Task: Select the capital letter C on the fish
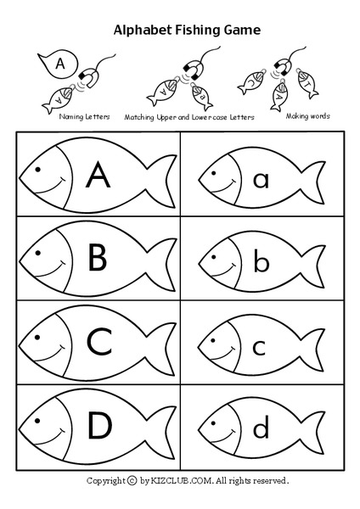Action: click(x=98, y=343)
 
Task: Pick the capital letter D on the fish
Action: click(x=98, y=426)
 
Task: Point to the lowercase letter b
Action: click(x=262, y=260)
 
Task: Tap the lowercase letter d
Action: click(x=262, y=426)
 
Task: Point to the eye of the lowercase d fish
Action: click(x=216, y=421)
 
